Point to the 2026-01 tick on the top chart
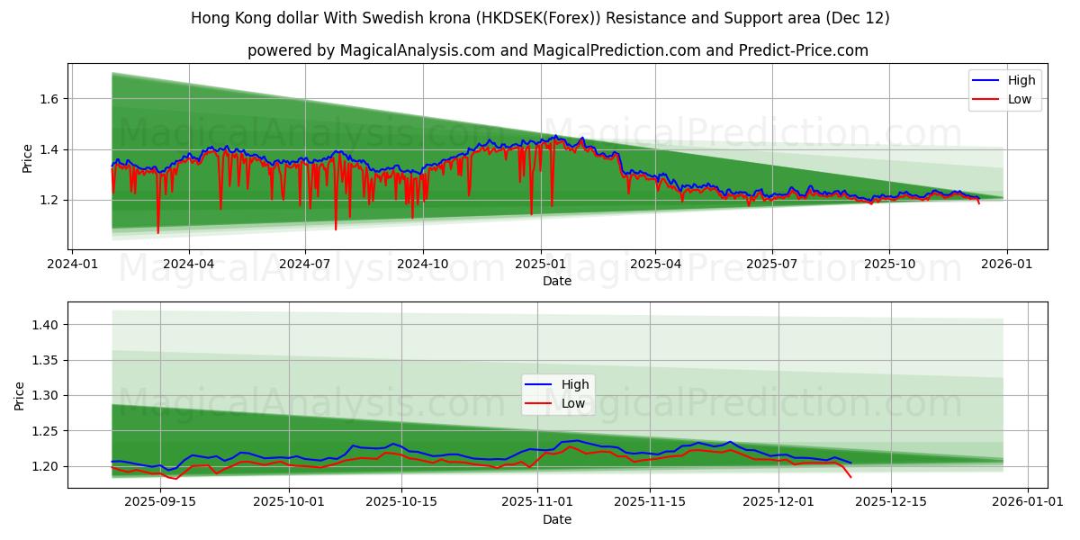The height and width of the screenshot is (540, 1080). (x=1006, y=265)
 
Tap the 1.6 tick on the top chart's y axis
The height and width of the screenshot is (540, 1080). (x=49, y=99)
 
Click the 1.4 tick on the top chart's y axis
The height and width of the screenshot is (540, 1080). (x=49, y=149)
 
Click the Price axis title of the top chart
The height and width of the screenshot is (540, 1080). (x=28, y=158)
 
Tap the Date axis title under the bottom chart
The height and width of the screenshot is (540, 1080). (x=557, y=519)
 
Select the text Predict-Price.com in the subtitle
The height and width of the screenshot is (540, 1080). (x=802, y=50)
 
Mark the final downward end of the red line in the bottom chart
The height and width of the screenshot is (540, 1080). (x=850, y=477)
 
